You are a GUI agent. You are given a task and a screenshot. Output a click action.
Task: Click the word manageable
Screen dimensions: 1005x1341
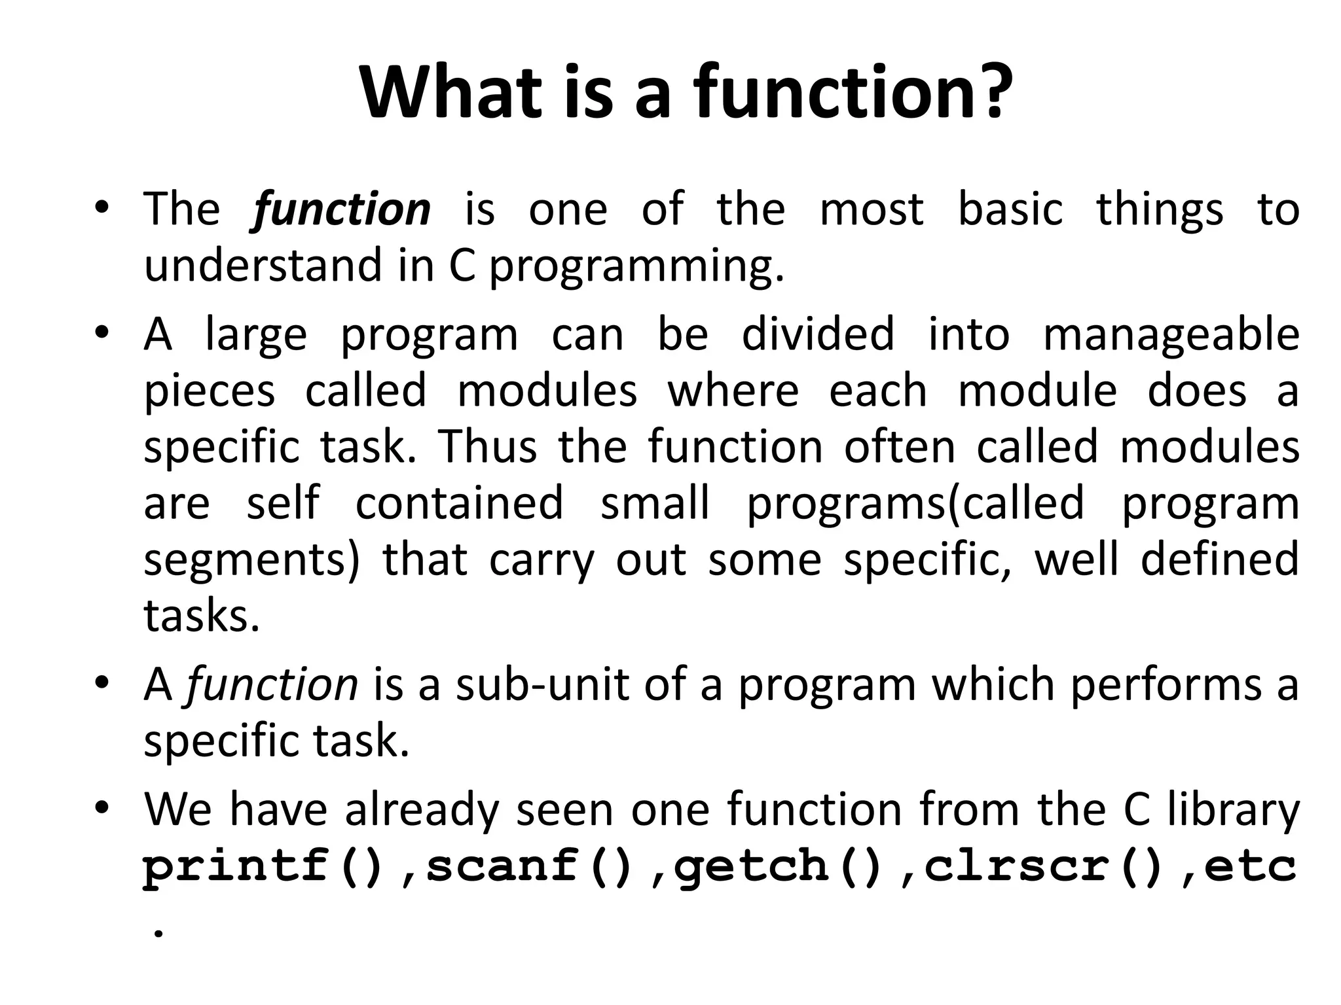1171,334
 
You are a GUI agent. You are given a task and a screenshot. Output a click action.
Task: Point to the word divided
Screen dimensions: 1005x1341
817,333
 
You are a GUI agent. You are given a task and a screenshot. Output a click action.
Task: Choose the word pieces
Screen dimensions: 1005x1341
209,391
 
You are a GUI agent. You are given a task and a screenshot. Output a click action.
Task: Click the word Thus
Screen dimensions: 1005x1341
488,447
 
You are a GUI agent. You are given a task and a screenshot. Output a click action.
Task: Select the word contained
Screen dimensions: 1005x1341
459,503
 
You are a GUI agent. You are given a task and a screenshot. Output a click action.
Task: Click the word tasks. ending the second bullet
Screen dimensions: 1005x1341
202,616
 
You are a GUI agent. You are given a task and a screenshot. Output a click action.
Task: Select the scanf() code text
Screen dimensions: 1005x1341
530,865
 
